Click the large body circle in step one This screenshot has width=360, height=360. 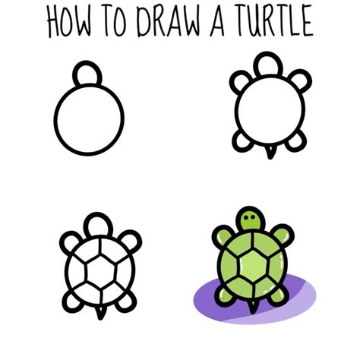88,119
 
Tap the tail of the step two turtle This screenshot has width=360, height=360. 270,154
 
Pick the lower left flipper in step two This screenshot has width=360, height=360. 242,142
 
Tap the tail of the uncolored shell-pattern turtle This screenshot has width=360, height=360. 99,314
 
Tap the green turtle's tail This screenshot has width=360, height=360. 251,306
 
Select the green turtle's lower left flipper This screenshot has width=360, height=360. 223,292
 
